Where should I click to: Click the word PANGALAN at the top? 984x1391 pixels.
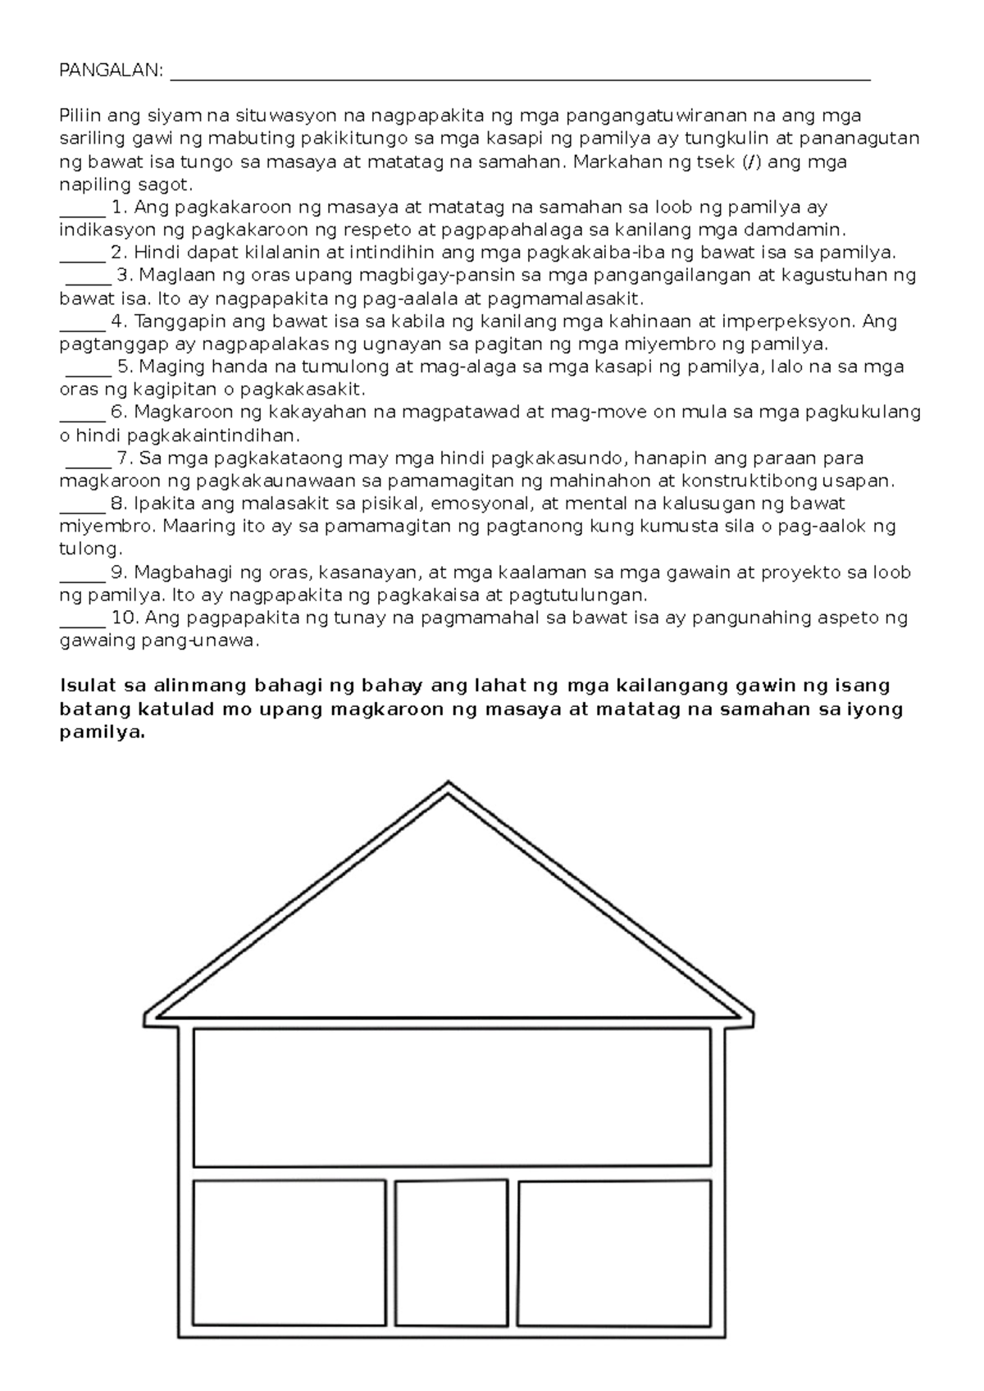(111, 71)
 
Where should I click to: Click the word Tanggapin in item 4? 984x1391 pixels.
(171, 322)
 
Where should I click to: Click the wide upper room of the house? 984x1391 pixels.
(452, 1097)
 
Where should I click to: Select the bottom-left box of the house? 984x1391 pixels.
(289, 1252)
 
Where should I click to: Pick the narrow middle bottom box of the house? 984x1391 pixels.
(451, 1252)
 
